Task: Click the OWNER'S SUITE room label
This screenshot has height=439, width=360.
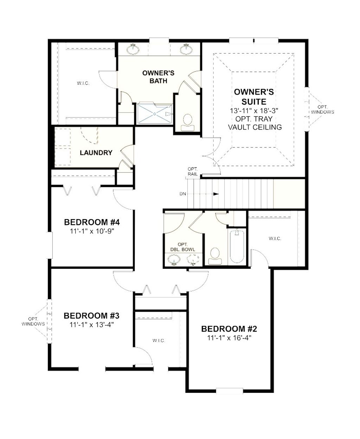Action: coord(254,97)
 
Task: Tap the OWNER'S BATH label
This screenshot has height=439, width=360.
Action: coord(158,77)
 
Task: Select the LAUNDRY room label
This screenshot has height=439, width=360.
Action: coord(96,153)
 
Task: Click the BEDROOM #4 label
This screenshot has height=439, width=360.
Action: coord(92,222)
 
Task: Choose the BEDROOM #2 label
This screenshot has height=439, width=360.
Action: coord(229,329)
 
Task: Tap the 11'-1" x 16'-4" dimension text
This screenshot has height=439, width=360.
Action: coord(229,338)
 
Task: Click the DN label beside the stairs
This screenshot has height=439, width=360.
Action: coord(183,194)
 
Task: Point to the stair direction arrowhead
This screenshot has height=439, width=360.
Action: coord(216,194)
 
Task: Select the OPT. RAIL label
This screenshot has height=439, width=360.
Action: coord(193,171)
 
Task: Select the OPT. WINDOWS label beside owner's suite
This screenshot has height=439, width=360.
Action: coord(322,109)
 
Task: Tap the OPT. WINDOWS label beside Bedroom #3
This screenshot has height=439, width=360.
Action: coord(33,321)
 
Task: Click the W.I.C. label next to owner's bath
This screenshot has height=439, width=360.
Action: coord(83,83)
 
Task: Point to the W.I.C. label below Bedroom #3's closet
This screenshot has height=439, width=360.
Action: coord(159,341)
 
